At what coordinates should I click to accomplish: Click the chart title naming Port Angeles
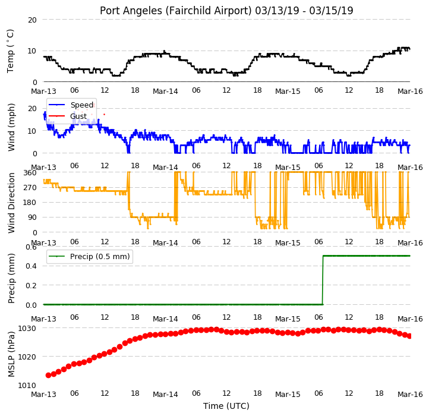pyautogui.click(x=226, y=11)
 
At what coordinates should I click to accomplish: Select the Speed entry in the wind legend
pyautogui.click(x=82, y=105)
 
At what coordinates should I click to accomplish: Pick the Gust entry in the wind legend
pyautogui.click(x=78, y=116)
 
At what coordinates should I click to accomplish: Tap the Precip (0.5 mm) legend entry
pyautogui.click(x=100, y=257)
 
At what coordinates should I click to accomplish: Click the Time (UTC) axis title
pyautogui.click(x=226, y=405)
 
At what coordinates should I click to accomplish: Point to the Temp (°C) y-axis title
pyautogui.click(x=10, y=51)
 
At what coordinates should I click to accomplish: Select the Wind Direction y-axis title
pyautogui.click(x=11, y=203)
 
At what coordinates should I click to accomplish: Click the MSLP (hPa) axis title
pyautogui.click(x=11, y=354)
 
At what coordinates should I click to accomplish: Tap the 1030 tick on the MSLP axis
pyautogui.click(x=27, y=328)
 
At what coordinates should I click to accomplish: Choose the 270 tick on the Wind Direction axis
pyautogui.click(x=30, y=187)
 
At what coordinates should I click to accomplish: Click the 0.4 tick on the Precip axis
pyautogui.click(x=31, y=266)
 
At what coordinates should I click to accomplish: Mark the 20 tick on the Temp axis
pyautogui.click(x=32, y=20)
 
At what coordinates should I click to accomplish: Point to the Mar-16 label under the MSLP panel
pyautogui.click(x=410, y=394)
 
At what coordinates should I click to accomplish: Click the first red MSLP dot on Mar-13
pyautogui.click(x=49, y=375)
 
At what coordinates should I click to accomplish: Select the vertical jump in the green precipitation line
pyautogui.click(x=323, y=280)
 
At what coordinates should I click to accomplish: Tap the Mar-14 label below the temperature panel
pyautogui.click(x=165, y=91)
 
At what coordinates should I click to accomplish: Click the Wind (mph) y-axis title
pyautogui.click(x=11, y=127)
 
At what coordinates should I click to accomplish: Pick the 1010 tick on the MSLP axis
pyautogui.click(x=27, y=385)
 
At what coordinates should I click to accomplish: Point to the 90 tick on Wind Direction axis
pyautogui.click(x=31, y=218)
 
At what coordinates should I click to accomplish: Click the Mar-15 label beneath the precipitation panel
pyautogui.click(x=288, y=319)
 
